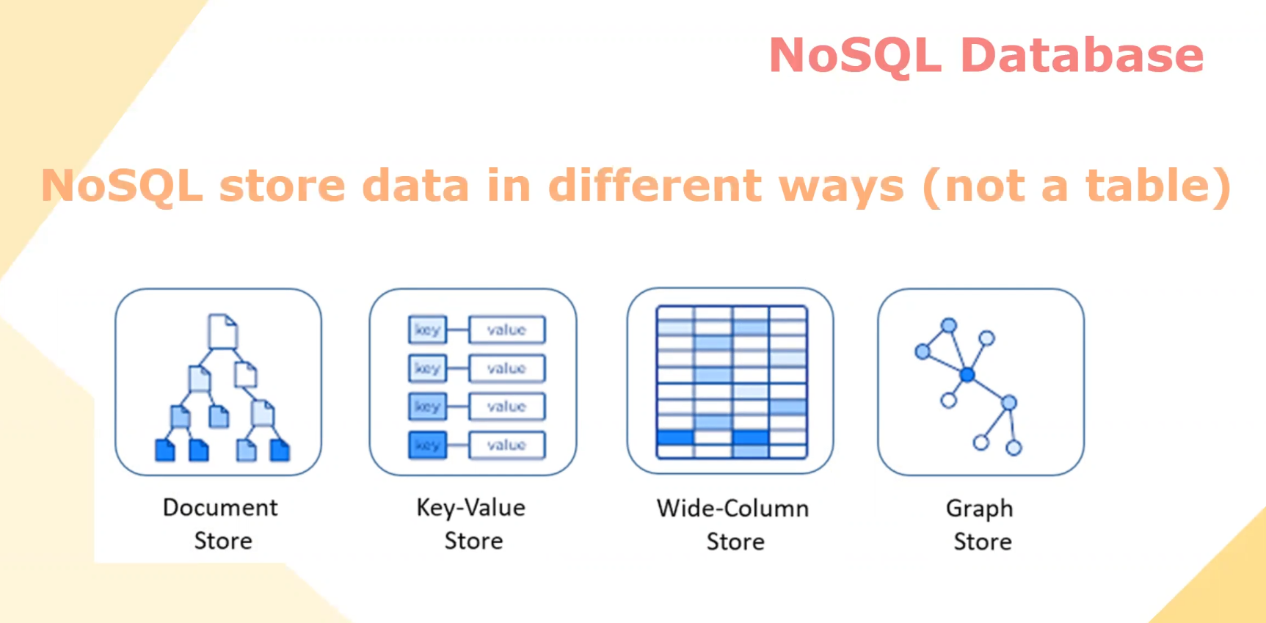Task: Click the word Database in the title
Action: point(1082,56)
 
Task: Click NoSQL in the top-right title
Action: point(856,57)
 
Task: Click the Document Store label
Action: point(221,524)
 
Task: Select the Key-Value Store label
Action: point(471,524)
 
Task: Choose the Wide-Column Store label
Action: point(733,525)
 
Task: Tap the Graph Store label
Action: point(981,525)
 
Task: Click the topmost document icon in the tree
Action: point(222,331)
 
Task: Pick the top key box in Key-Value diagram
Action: point(427,330)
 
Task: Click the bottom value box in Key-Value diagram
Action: point(506,445)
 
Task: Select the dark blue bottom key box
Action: point(427,445)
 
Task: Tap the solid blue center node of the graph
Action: point(967,375)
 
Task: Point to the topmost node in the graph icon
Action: point(949,325)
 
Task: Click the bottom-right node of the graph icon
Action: point(1014,448)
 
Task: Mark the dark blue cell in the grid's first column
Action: point(675,437)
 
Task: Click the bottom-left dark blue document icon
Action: point(165,450)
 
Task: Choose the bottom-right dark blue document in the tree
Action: point(280,450)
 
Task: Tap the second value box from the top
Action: point(506,368)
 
